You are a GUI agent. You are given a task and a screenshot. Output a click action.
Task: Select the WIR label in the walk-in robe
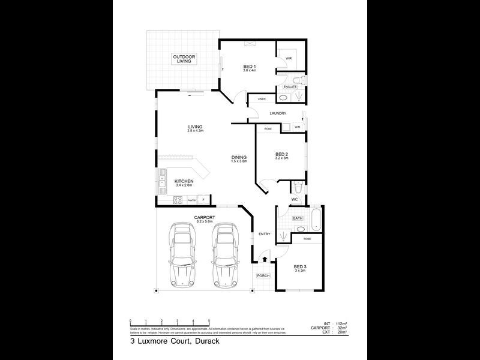(x=288, y=58)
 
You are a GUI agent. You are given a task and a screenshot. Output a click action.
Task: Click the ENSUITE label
(x=290, y=87)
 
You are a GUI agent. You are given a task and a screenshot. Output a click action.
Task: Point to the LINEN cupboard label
(x=262, y=99)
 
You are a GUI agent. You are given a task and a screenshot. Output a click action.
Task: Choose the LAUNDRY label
(x=278, y=113)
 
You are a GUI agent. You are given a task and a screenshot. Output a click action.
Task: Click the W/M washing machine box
(x=297, y=127)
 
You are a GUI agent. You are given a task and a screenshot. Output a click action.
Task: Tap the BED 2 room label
(x=282, y=154)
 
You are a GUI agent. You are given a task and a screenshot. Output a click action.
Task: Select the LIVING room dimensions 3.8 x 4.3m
(x=196, y=131)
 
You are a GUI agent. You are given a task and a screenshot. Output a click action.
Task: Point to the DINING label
(x=239, y=158)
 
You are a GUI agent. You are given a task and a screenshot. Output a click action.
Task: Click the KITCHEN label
(x=184, y=181)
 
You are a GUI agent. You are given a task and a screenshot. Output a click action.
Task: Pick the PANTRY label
(x=192, y=200)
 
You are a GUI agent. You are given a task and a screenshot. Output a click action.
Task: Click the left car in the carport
(x=182, y=253)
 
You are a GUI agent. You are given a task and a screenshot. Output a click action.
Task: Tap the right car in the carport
(x=223, y=253)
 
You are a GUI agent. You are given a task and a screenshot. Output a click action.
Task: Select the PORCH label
(x=263, y=275)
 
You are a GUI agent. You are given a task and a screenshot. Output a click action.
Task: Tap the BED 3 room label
(x=299, y=268)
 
